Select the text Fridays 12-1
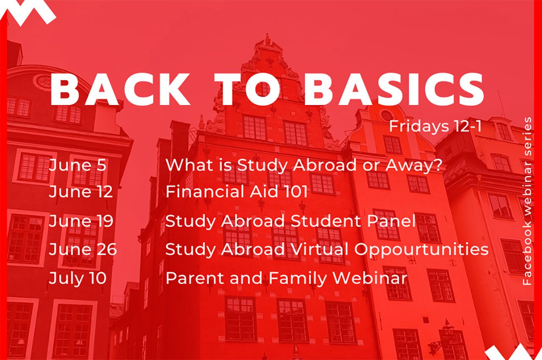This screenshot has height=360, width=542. [x=435, y=126]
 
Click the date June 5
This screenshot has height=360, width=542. [x=77, y=165]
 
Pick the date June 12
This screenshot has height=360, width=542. [x=80, y=193]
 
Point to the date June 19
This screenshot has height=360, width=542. [x=81, y=221]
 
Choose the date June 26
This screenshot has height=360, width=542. [x=83, y=249]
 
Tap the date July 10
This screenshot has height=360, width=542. [x=77, y=278]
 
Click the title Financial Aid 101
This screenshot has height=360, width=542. [x=236, y=193]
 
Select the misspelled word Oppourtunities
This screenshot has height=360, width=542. [x=421, y=250]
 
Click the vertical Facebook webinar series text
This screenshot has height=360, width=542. [x=527, y=201]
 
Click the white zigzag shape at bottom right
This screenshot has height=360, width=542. [x=508, y=352]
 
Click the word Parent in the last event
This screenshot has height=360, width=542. [x=192, y=278]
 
